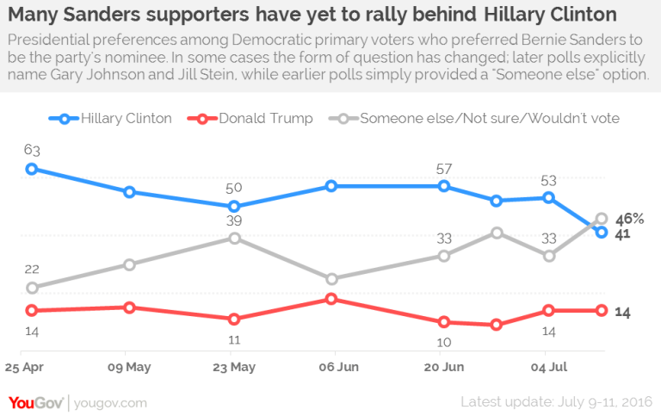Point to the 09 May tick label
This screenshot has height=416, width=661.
[x=129, y=366]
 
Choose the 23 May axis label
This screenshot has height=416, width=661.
[x=234, y=366]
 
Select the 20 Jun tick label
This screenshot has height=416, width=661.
[x=444, y=366]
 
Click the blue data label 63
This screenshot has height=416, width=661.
[x=31, y=149]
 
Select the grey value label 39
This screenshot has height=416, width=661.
[x=234, y=220]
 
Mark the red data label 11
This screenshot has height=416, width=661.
[x=234, y=338]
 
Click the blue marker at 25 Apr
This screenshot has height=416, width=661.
[x=31, y=169]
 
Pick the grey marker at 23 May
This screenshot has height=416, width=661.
[x=234, y=238]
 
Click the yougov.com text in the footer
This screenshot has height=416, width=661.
[x=110, y=402]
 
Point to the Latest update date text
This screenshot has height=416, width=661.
[x=557, y=402]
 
